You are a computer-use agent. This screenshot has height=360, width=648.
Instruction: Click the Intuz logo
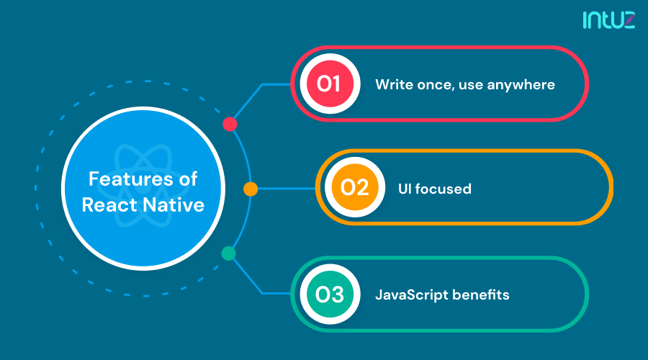click(x=608, y=20)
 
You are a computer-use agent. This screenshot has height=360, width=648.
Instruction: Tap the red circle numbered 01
click(x=328, y=84)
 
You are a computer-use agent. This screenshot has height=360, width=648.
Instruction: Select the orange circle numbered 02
click(x=354, y=189)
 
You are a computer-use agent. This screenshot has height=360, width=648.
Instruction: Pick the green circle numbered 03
click(x=328, y=294)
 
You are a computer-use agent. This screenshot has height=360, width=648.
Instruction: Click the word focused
click(x=444, y=189)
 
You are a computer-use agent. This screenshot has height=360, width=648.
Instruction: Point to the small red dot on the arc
click(x=230, y=124)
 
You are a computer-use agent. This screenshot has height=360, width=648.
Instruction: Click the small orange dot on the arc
click(x=250, y=189)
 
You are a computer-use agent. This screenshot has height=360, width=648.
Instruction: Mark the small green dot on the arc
click(x=228, y=253)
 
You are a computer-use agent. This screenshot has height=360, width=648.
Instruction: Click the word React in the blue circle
click(x=108, y=204)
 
